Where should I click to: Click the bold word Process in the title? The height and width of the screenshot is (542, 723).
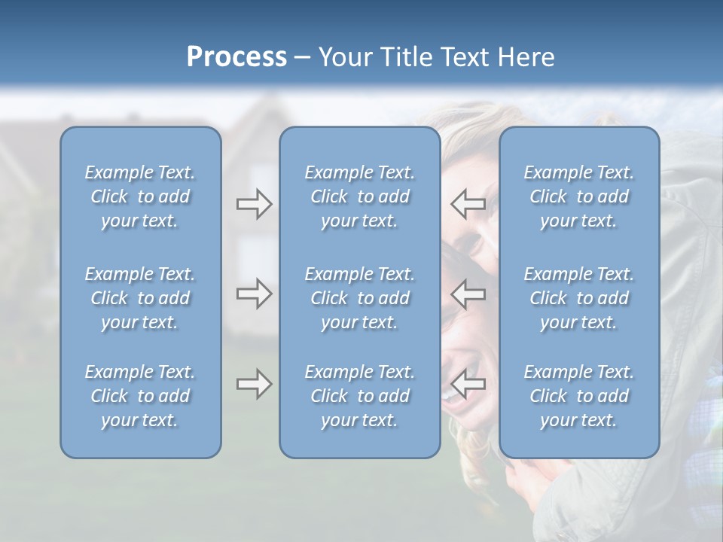point(236,57)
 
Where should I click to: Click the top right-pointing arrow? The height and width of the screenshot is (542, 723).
point(254,204)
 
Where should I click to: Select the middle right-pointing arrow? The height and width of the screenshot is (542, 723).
point(254,294)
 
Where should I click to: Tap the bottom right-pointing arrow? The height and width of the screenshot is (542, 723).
point(254,384)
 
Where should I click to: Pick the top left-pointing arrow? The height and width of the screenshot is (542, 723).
point(468,204)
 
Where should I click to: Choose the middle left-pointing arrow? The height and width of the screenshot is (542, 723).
point(468,294)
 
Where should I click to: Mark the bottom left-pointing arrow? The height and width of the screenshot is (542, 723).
point(468,384)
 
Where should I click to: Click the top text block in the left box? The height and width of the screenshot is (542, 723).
point(140,196)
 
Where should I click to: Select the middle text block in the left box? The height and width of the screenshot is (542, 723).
point(140,298)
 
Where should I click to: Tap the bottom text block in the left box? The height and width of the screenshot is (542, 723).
point(140,396)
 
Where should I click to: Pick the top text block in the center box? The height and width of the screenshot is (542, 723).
point(359,196)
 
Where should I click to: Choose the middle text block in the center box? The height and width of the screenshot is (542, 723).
point(359,298)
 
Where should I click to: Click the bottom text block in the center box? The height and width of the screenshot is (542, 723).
point(359,396)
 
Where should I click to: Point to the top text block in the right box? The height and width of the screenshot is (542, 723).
point(578,196)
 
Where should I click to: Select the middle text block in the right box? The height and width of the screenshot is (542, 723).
point(578,298)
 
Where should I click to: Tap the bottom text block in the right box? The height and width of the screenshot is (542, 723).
point(578,396)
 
